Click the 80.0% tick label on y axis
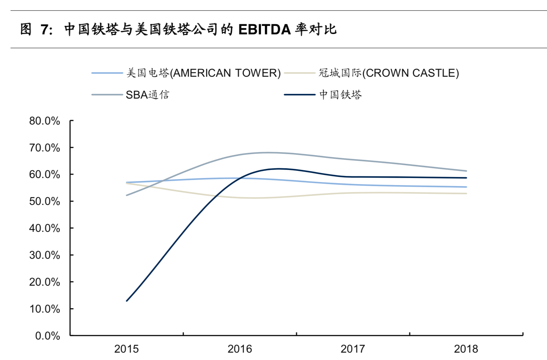coord(44,121)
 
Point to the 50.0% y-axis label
coord(44,201)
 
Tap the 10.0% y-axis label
coord(44,309)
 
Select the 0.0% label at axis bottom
coord(47,336)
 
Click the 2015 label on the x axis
coord(126,349)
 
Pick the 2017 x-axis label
coord(353,349)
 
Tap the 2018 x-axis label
coord(466,349)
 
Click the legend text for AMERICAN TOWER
coord(203,73)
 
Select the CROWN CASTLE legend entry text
coord(389,73)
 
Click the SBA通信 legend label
coord(147,95)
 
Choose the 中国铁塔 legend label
coord(340,95)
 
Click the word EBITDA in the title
coord(264,30)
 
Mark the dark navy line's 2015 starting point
coord(126,301)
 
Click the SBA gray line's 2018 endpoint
coord(466,171)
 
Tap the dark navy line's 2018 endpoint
coord(466,178)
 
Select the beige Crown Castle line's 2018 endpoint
coord(466,193)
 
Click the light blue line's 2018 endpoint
coord(466,187)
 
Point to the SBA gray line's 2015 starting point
coord(126,195)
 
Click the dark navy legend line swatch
coord(299,95)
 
